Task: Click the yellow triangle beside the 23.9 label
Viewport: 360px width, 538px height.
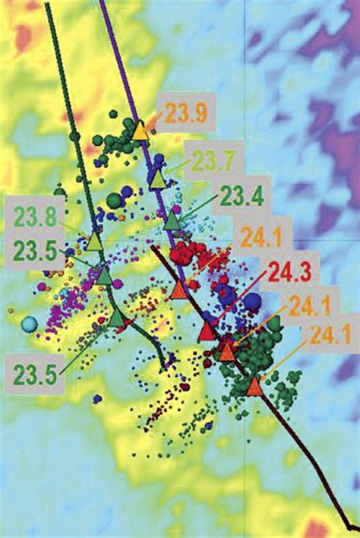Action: click(141, 131)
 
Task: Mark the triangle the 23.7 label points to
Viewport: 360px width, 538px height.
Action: click(156, 179)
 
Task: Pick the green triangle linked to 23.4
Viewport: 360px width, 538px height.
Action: click(172, 221)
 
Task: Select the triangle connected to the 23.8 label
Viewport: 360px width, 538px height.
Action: click(94, 242)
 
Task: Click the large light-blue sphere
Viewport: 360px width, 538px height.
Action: click(29, 324)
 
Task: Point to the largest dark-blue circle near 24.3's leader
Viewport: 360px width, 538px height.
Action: click(252, 301)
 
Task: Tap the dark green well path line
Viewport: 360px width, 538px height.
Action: click(61, 76)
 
